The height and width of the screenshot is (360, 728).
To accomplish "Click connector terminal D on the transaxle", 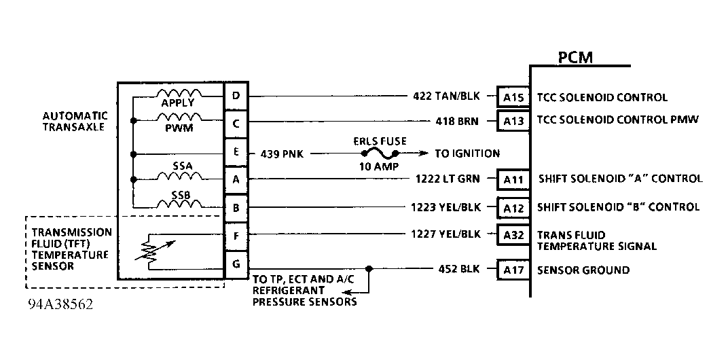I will (236, 96).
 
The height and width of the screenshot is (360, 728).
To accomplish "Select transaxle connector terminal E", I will (236, 152).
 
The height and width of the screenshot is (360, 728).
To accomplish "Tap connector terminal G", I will (236, 264).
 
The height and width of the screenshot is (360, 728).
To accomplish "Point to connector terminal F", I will (236, 236).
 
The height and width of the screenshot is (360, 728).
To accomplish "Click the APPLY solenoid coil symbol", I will (179, 93).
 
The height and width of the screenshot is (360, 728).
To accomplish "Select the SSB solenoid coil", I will (179, 203).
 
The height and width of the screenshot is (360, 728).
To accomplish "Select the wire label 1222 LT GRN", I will (445, 179).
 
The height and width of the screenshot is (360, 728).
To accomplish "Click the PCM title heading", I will (575, 57).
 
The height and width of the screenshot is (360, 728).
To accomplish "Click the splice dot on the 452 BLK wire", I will (369, 268).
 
